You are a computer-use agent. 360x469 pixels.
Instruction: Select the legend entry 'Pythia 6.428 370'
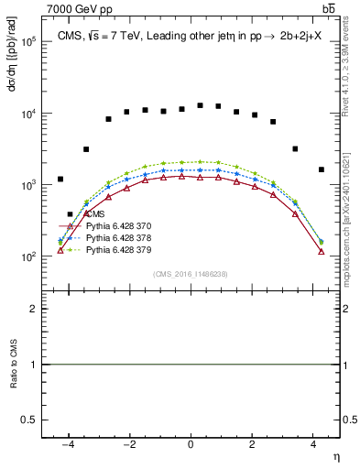pos(118,225)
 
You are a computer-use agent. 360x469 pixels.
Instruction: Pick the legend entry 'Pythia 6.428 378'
pos(118,237)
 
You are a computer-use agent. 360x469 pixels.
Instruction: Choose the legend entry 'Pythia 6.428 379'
pos(118,249)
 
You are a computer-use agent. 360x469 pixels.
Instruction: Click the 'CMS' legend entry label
pos(96,214)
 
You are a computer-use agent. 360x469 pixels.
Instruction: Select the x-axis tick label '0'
pos(191,446)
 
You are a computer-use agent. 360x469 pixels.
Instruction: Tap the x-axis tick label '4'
pos(312,446)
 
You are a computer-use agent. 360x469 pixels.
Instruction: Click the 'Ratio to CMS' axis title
pos(12,365)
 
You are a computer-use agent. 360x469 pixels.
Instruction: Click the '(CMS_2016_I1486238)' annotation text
pos(191,274)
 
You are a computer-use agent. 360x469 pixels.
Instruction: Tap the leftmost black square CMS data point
pos(60,179)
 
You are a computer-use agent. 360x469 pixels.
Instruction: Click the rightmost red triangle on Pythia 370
pos(321,250)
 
